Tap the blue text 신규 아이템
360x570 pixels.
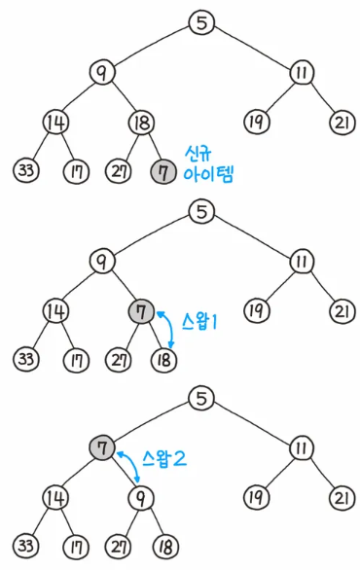pyautogui.click(x=208, y=164)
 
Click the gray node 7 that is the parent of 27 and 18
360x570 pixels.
pyautogui.click(x=141, y=311)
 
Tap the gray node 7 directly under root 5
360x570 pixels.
pyautogui.click(x=100, y=446)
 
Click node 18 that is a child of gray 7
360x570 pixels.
pyautogui.click(x=163, y=359)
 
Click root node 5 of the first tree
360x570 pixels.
pyautogui.click(x=199, y=23)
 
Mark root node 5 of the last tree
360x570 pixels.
pyautogui.click(x=199, y=397)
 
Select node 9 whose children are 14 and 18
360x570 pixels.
pyautogui.click(x=100, y=72)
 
